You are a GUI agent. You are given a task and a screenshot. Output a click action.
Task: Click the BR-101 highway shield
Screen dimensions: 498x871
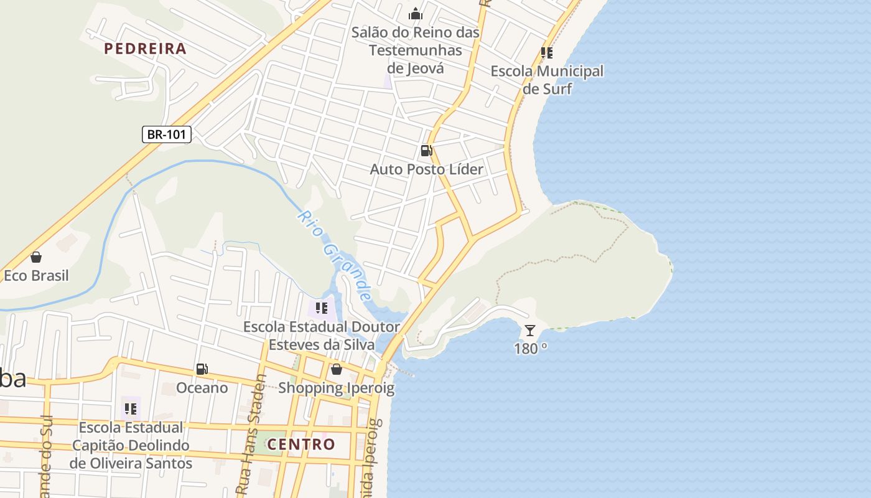[x=166, y=134]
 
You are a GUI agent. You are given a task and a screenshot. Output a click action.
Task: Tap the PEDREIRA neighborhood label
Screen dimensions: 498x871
[x=145, y=49]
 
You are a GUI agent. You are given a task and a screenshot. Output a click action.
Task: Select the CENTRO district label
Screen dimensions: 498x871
[x=301, y=444]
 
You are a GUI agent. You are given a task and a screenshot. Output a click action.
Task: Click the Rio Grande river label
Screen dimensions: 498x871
[x=335, y=256]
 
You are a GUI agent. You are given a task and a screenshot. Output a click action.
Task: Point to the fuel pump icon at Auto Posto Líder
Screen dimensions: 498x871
[x=426, y=150]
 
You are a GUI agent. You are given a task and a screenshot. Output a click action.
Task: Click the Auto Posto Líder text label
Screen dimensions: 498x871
[x=426, y=169]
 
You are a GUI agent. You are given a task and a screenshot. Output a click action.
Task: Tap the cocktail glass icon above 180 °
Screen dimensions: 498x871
[x=529, y=330]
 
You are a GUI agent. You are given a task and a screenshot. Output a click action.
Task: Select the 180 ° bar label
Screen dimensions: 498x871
[x=530, y=349]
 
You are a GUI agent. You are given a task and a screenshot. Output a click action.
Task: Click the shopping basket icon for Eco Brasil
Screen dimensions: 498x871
[x=36, y=257]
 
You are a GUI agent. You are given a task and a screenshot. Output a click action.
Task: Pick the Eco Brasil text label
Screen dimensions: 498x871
[x=36, y=275]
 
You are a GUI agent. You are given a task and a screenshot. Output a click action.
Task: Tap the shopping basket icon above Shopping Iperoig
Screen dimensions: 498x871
[x=337, y=369]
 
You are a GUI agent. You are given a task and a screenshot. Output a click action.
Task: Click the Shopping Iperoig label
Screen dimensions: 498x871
[x=336, y=388]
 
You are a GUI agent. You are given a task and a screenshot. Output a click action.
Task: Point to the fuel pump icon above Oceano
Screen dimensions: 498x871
[x=202, y=369]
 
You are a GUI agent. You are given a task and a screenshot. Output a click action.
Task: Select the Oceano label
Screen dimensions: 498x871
[x=202, y=388]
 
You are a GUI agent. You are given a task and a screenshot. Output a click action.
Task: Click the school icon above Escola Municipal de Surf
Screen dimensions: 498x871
[x=547, y=53]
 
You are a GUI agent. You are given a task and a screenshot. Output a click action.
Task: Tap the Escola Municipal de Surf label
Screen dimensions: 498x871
[x=547, y=80]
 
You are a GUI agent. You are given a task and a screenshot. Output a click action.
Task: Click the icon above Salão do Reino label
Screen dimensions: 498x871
[x=415, y=14]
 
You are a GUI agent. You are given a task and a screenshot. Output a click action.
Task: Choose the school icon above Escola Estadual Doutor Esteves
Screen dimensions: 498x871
[x=322, y=308]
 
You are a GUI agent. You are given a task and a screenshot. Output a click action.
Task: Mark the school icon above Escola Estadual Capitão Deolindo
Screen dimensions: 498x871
[x=131, y=409]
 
